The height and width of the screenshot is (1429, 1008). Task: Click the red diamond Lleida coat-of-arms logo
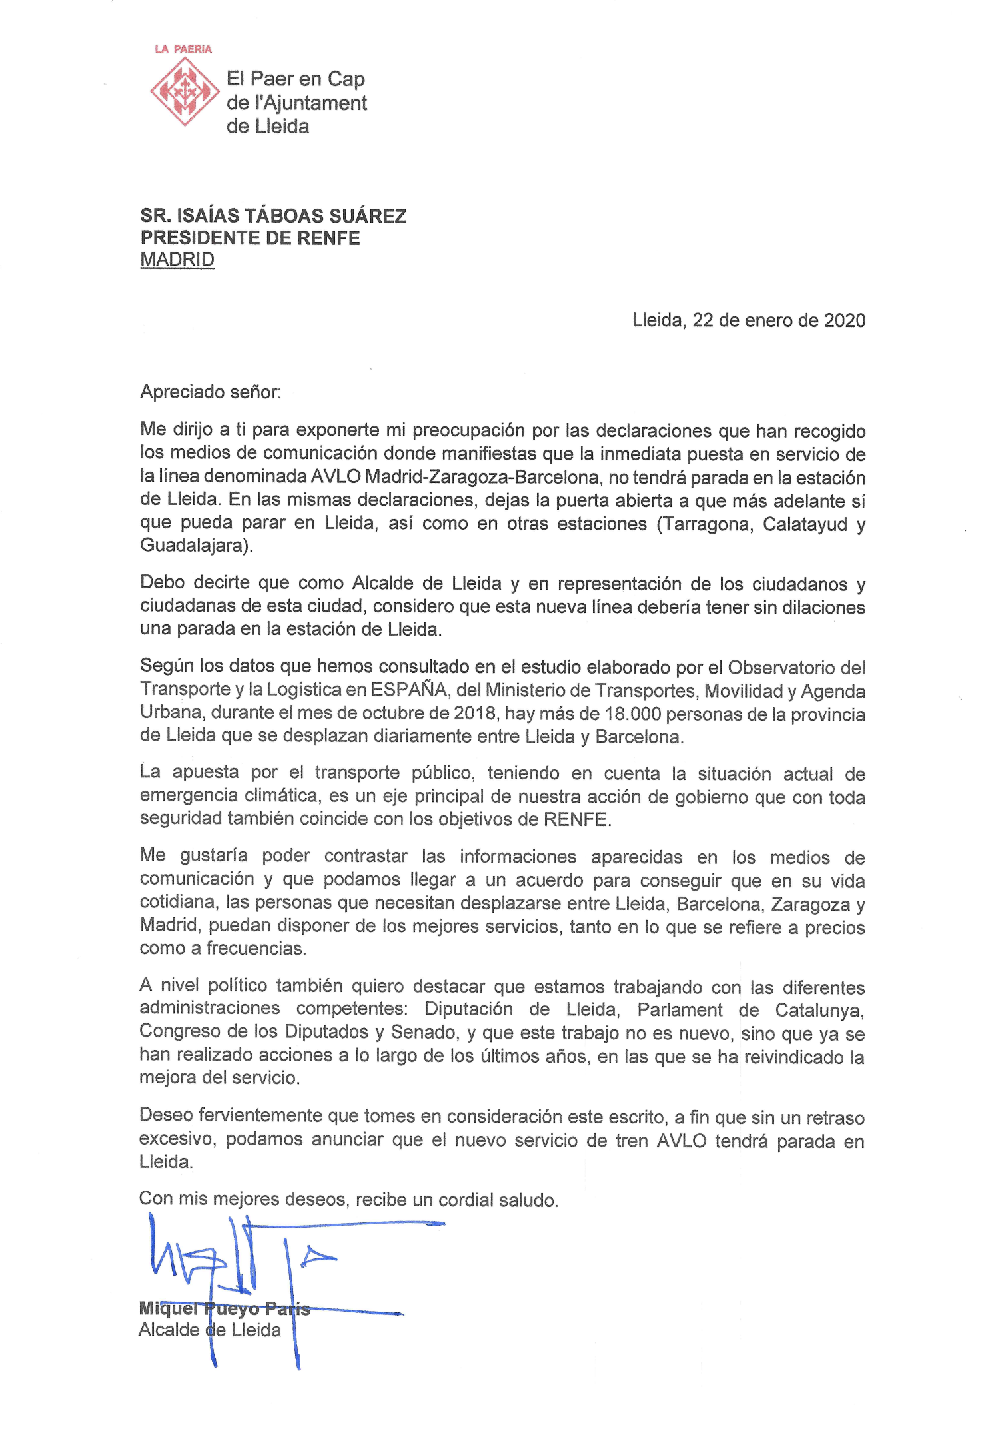[184, 91]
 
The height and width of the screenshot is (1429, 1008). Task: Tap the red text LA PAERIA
[183, 49]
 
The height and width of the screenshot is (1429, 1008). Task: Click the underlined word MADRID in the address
[177, 260]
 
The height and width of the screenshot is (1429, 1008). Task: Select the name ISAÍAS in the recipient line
[207, 216]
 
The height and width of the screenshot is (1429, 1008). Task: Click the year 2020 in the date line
[844, 320]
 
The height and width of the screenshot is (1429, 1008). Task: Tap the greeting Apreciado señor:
[211, 392]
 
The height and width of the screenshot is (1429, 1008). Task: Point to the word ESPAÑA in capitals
[408, 690]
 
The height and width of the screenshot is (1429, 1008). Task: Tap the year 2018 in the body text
[474, 714]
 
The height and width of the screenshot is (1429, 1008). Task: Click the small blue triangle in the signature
[317, 1258]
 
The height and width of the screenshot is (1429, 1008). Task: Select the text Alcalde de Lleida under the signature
[210, 1330]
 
